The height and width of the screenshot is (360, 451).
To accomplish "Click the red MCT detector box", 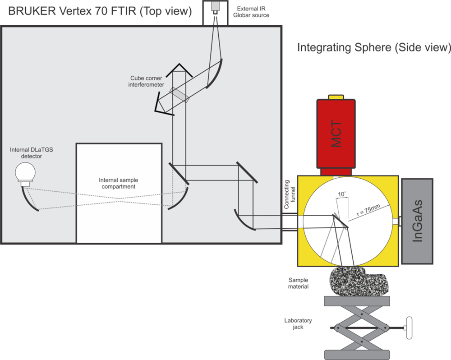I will coord(336,133).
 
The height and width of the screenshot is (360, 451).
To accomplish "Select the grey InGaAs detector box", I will coord(417,221).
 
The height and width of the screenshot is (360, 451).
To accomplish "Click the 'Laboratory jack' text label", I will coord(298,324).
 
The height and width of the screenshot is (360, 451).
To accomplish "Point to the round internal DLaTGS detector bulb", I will coord(24,171).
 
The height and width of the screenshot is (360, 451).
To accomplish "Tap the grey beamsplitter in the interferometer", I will coord(178,95).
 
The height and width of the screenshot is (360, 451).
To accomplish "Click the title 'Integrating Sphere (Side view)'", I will coord(373,47).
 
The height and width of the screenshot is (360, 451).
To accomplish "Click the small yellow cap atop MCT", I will coord(336,97).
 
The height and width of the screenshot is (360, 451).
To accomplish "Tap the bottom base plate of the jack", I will coord(356,352).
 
